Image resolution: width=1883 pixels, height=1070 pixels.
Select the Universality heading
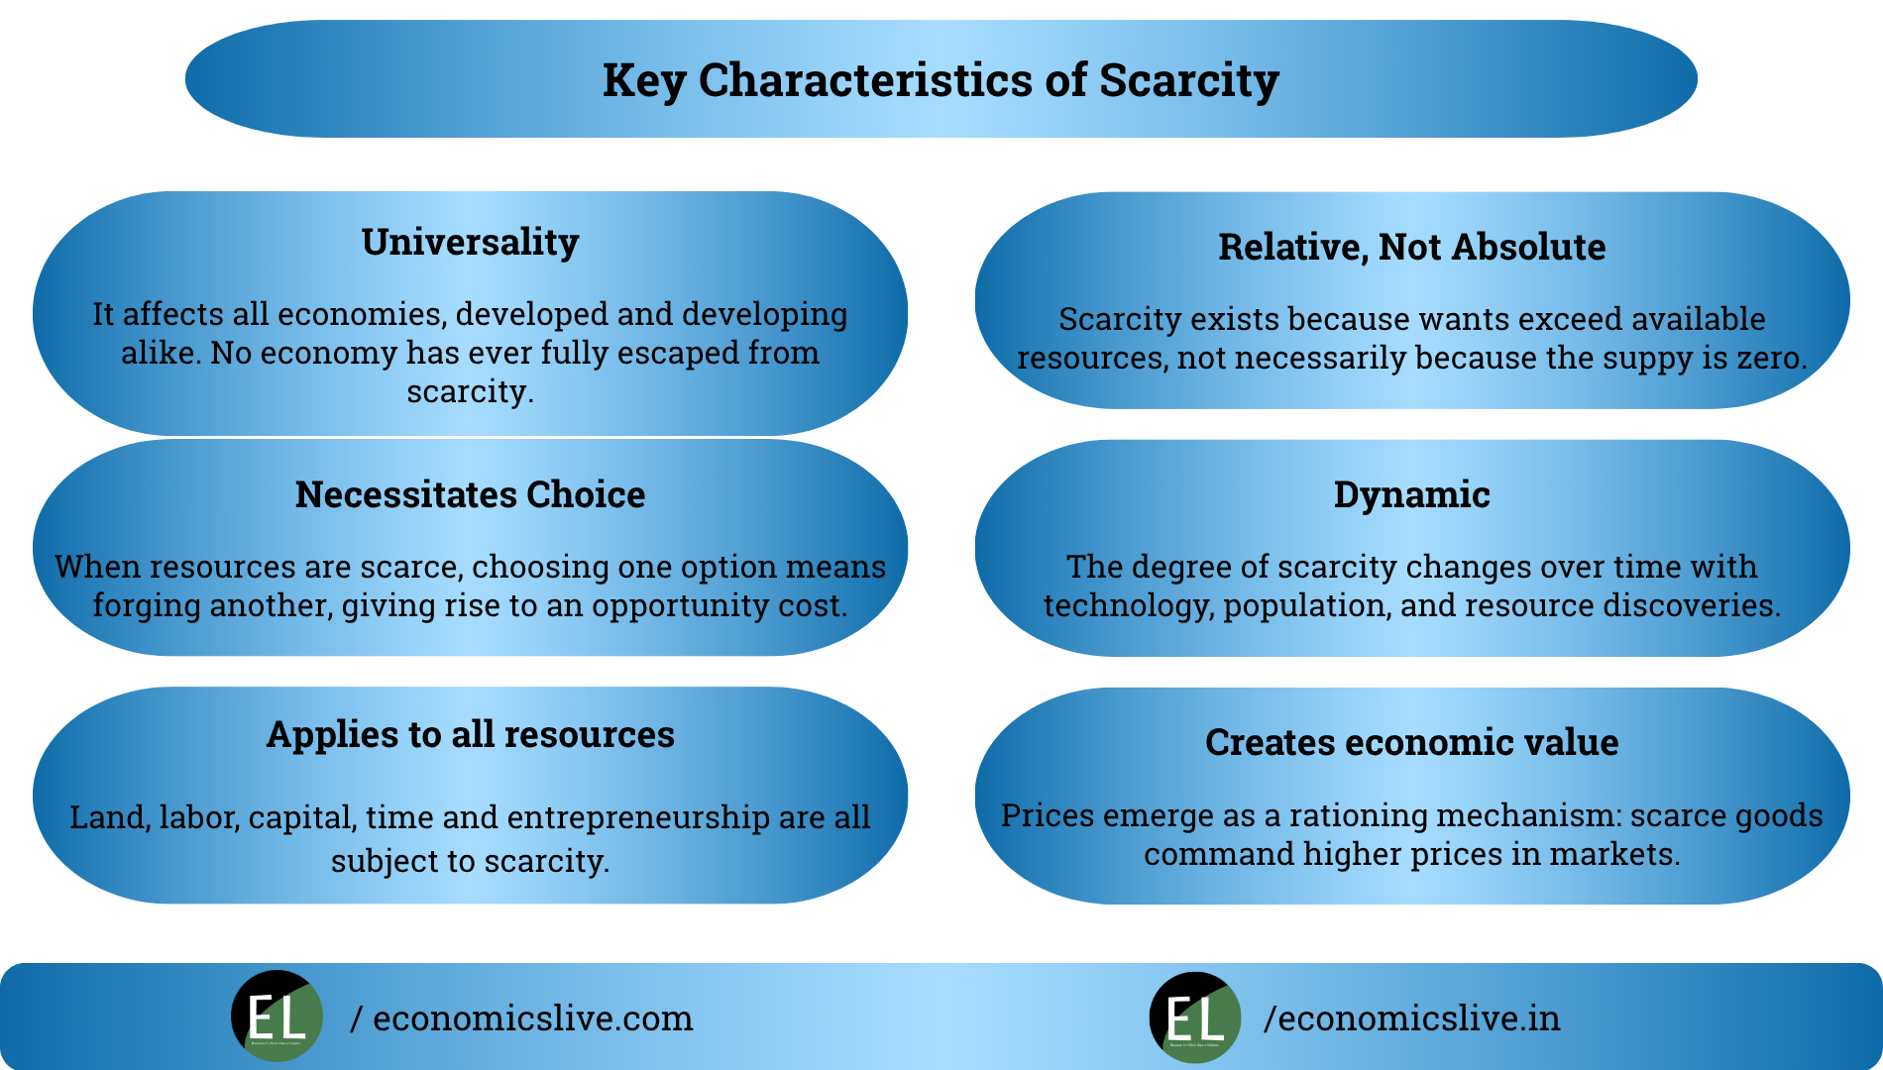pos(470,242)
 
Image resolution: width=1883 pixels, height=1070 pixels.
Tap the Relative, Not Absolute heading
pos(1411,247)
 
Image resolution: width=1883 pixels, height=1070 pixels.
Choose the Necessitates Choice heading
pos(470,494)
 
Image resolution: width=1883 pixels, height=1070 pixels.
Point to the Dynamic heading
pos(1411,494)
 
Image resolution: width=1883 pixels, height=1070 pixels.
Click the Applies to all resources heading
pos(470,734)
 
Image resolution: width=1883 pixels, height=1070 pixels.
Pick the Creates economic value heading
pos(1411,742)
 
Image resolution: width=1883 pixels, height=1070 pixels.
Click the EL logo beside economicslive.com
pos(277,1016)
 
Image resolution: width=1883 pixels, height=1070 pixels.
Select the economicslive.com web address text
pos(532,1018)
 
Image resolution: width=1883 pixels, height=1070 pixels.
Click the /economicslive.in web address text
pos(1411,1018)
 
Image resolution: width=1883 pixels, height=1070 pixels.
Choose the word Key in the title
pos(643,80)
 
